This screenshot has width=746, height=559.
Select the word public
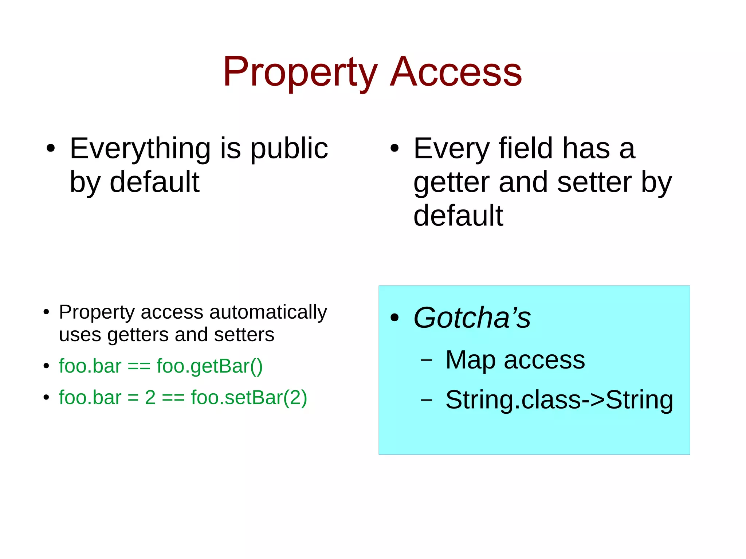[289, 149]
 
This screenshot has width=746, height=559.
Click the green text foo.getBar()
[209, 366]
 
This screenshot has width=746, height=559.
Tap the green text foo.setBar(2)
[249, 397]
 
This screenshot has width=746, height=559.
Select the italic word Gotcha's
[472, 318]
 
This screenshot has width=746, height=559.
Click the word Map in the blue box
[470, 360]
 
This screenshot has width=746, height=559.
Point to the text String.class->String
[559, 400]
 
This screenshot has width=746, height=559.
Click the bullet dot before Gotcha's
[394, 318]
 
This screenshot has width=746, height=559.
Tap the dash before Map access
[426, 360]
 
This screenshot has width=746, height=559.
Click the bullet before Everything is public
[51, 149]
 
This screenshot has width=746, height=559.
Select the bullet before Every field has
[394, 149]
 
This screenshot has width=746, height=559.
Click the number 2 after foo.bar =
[150, 397]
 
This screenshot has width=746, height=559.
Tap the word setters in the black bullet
[244, 335]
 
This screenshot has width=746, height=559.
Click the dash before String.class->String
[426, 400]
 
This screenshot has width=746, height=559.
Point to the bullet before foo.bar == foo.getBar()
[46, 366]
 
